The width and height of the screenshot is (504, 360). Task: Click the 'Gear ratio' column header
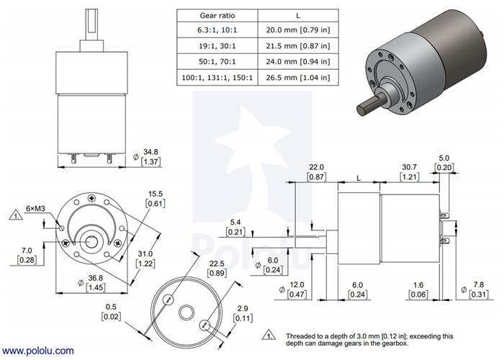pyautogui.click(x=217, y=15)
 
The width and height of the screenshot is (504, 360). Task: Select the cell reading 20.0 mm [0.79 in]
pyautogui.click(x=298, y=30)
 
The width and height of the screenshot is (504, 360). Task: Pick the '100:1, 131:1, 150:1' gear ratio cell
pyautogui.click(x=217, y=78)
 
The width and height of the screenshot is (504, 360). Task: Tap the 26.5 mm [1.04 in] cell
pyautogui.click(x=298, y=78)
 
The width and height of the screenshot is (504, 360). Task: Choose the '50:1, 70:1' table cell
pyautogui.click(x=217, y=61)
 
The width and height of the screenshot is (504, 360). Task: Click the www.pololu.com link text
pyautogui.click(x=37, y=351)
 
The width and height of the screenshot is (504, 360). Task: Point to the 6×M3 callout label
pyautogui.click(x=35, y=209)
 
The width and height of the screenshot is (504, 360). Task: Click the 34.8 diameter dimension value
pyautogui.click(x=150, y=152)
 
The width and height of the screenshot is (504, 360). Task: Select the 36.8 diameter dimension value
pyautogui.click(x=96, y=278)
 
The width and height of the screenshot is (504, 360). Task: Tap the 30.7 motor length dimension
pyautogui.click(x=409, y=167)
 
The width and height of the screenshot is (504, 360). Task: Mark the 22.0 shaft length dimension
pyautogui.click(x=316, y=167)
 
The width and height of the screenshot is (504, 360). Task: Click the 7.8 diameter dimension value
pyautogui.click(x=479, y=284)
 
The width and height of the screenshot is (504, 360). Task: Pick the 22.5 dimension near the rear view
pyautogui.click(x=217, y=264)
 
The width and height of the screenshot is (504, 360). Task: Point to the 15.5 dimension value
pyautogui.click(x=156, y=194)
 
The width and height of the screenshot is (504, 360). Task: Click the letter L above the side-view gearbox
pyautogui.click(x=359, y=178)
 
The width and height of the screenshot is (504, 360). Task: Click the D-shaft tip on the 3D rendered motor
pyautogui.click(x=362, y=109)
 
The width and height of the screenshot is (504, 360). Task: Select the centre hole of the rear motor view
pyautogui.click(x=186, y=312)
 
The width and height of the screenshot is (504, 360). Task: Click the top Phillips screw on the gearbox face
pyautogui.click(x=92, y=198)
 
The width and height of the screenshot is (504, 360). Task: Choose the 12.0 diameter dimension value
pyautogui.click(x=297, y=284)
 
